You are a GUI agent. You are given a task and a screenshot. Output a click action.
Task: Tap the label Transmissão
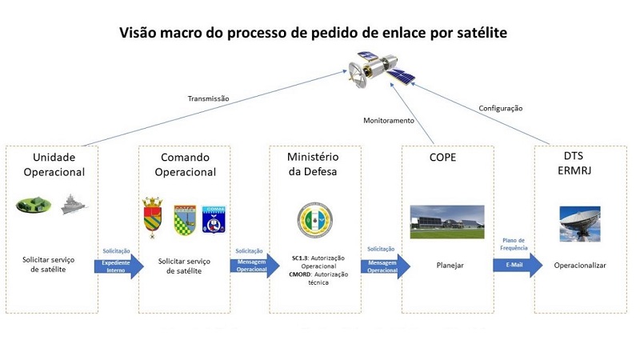[208, 99]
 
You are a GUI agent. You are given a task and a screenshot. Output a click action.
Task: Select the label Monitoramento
[389, 121]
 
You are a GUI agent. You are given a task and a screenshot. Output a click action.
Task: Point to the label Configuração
[501, 108]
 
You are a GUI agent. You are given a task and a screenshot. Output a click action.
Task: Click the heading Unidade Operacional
[54, 164]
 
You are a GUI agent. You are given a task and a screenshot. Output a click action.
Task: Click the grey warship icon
[75, 204]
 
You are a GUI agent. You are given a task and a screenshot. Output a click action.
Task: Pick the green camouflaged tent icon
[34, 205]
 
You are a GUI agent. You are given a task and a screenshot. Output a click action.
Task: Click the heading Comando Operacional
[185, 164]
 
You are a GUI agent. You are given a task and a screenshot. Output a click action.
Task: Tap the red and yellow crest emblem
[153, 218]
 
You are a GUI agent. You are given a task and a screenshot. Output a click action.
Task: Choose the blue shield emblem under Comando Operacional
[214, 218]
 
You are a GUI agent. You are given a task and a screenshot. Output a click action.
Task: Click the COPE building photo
[446, 222]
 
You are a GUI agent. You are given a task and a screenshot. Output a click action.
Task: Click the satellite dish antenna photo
[579, 224]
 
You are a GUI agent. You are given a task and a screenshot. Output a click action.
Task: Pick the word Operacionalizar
[580, 265]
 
